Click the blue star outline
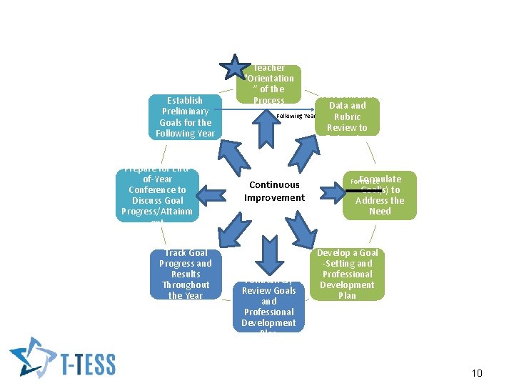point(235,67)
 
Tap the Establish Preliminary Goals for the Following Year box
point(185,117)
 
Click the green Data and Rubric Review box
point(347,117)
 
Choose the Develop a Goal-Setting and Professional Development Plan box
point(347,274)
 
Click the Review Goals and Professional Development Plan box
point(268,306)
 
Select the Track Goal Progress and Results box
point(185,274)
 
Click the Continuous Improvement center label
point(274,191)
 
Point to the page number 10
point(478,373)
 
